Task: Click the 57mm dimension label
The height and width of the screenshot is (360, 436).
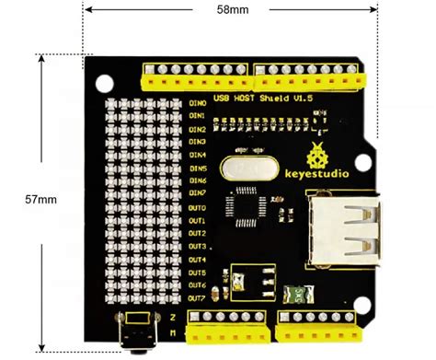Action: click(x=41, y=198)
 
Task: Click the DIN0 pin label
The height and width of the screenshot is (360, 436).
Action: click(x=198, y=103)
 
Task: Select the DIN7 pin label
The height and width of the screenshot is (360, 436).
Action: click(x=198, y=193)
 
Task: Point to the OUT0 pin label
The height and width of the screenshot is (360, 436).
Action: click(x=198, y=208)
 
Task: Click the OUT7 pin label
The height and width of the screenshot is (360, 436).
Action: click(x=198, y=297)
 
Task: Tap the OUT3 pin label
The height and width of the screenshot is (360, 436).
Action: click(x=198, y=247)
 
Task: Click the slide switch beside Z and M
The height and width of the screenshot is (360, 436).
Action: click(x=138, y=333)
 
